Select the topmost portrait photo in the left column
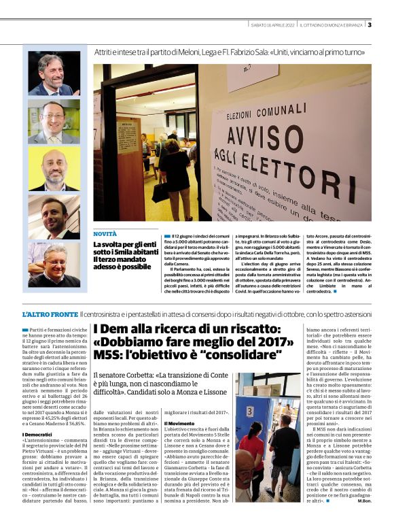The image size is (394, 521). [54, 73]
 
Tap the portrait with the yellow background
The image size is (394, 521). [54, 122]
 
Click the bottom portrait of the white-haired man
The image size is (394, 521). [54, 267]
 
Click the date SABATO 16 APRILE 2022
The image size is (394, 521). [272, 25]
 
